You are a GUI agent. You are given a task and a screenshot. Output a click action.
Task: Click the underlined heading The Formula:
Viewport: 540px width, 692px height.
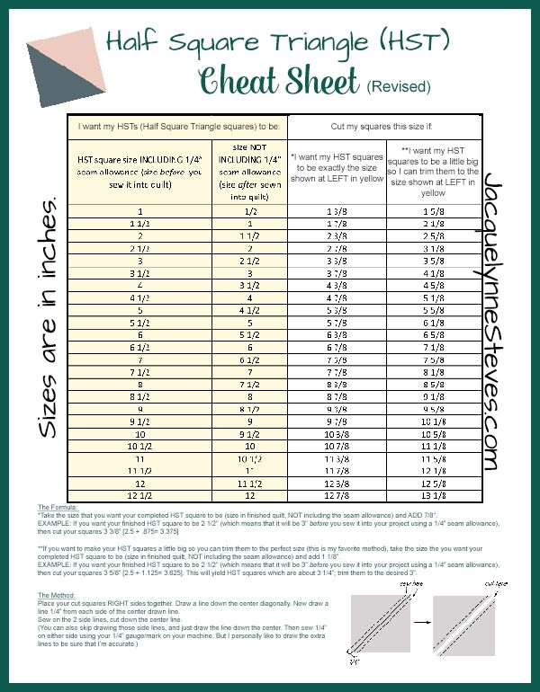click(x=58, y=508)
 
